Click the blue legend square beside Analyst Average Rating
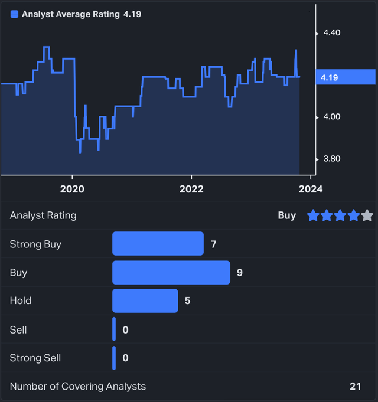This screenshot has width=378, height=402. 15,14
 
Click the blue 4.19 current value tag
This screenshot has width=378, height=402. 346,77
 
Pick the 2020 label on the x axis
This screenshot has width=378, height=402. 72,189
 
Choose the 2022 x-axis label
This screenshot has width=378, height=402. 191,189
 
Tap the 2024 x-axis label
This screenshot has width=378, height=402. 310,189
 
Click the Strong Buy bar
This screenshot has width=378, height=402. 158,244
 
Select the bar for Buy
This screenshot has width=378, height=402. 171,273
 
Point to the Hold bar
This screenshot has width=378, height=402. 145,300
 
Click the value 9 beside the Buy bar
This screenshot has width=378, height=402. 240,273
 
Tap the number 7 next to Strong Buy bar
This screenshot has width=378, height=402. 214,244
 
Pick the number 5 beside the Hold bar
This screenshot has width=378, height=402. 187,300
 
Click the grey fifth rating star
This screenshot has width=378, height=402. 367,215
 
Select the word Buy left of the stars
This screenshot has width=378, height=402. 286,215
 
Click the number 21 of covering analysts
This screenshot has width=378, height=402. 355,386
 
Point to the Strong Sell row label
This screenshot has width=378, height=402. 35,358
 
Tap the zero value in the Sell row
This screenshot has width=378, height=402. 125,329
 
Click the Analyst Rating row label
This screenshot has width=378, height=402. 43,215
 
